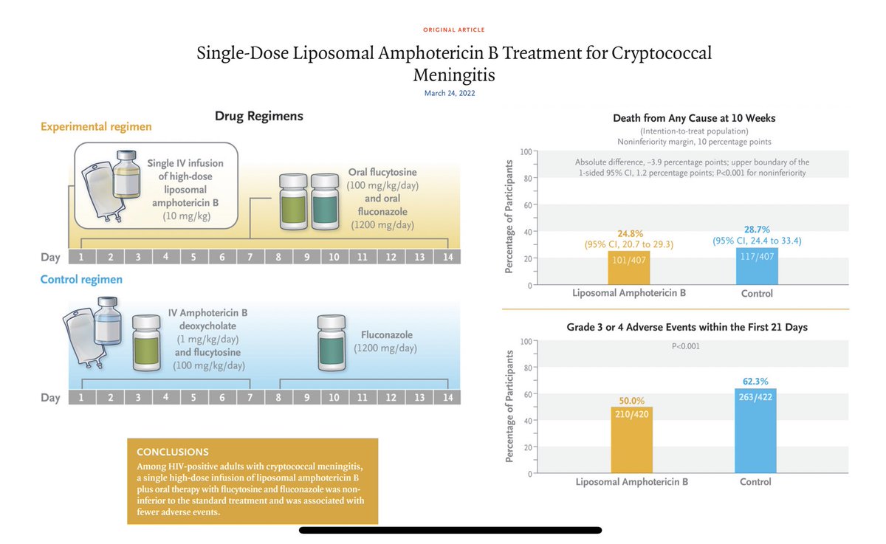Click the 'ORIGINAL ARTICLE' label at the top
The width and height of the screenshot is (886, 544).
click(x=453, y=30)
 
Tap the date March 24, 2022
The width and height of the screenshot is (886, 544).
click(x=453, y=93)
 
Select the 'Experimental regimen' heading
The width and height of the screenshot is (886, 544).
click(x=96, y=126)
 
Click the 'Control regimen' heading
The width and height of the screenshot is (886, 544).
click(x=81, y=280)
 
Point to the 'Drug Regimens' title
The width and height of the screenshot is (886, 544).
click(x=258, y=116)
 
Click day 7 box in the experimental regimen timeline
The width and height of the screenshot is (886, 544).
click(x=250, y=257)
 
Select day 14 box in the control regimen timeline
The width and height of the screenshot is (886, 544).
click(x=447, y=397)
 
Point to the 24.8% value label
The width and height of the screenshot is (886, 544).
click(x=628, y=235)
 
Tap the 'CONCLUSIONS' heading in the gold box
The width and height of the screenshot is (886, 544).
click(x=173, y=452)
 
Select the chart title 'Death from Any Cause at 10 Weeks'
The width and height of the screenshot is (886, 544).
click(x=694, y=118)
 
